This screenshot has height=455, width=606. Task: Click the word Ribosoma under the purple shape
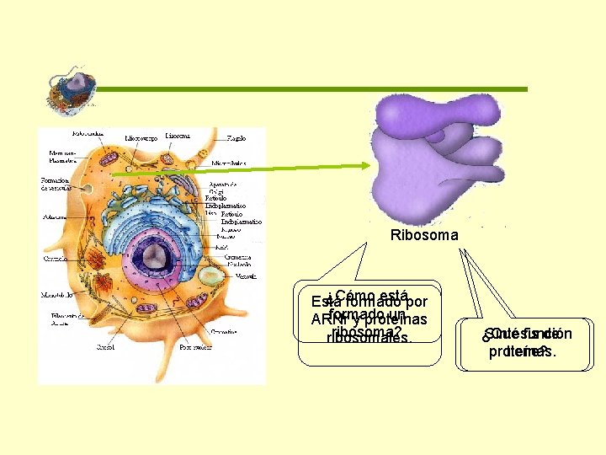click(x=424, y=235)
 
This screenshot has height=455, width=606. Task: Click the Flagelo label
click(x=237, y=136)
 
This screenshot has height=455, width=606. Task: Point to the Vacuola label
click(x=247, y=276)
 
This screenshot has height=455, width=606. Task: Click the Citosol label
click(x=106, y=346)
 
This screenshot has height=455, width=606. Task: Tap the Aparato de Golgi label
click(x=223, y=190)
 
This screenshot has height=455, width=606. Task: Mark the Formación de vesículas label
click(x=56, y=185)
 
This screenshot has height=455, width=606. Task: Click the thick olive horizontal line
click(x=311, y=88)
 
